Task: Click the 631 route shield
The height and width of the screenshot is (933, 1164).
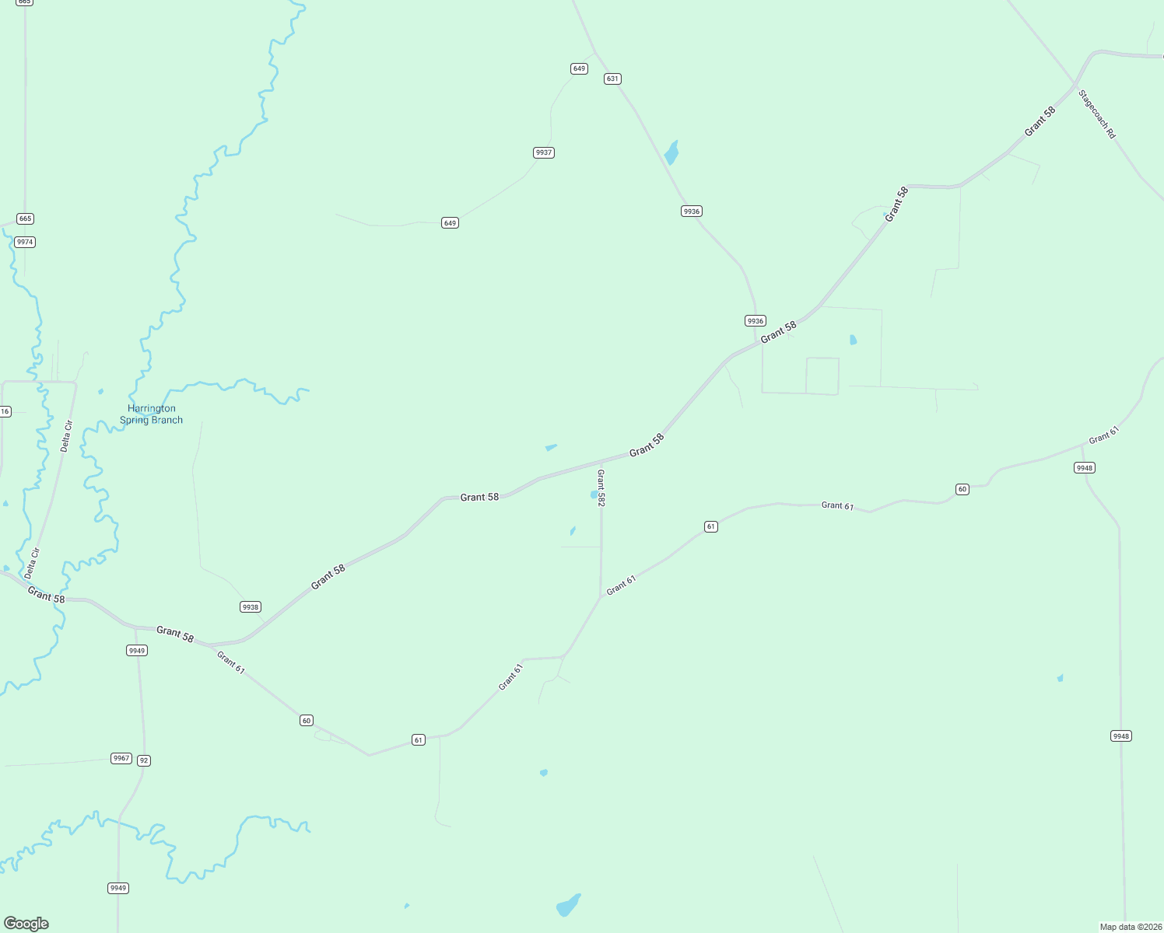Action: pos(612,79)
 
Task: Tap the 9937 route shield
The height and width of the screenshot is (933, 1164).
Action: pos(544,152)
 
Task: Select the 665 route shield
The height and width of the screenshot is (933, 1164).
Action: pos(25,218)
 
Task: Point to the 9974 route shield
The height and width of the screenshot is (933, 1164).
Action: pos(25,242)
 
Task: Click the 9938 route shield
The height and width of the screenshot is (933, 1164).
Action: pos(250,606)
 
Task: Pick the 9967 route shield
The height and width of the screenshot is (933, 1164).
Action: pos(121,758)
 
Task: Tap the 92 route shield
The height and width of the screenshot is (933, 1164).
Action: pos(143,760)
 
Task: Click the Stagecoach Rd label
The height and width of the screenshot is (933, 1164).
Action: pos(1097,114)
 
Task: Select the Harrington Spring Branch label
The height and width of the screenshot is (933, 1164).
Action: pos(151,414)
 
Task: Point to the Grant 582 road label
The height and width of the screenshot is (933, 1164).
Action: pos(601,488)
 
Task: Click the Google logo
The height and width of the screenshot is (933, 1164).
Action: pos(26,924)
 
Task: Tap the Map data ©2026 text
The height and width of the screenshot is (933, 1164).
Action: pos(1131,927)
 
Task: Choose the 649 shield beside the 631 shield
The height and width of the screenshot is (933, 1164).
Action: pos(579,68)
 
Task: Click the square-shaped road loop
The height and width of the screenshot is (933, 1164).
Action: pos(822,376)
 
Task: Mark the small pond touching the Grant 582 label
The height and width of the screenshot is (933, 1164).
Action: pos(594,494)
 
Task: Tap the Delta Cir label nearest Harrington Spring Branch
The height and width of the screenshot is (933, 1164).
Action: pos(67,435)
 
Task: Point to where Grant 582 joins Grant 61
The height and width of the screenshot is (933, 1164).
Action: pos(601,596)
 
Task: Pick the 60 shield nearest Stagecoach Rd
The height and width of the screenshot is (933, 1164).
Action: pos(962,489)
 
